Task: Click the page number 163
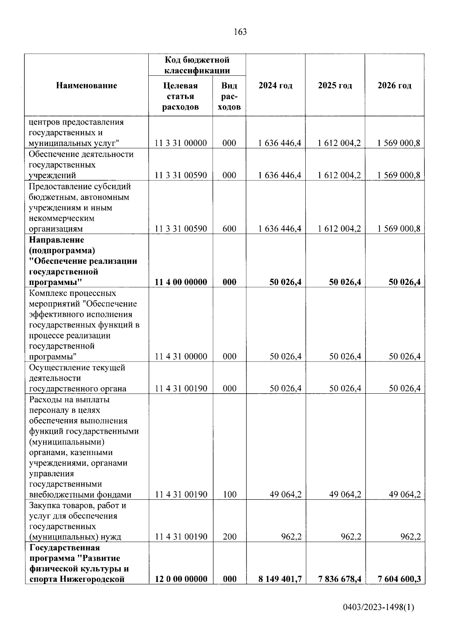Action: point(240,32)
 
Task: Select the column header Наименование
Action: point(87,86)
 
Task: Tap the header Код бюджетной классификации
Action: point(197,65)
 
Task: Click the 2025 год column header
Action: point(335,86)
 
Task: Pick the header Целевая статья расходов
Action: point(180,96)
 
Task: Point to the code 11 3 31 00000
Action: point(181,143)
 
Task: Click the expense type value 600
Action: point(229,229)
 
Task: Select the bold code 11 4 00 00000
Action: point(181,282)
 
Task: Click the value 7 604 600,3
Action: point(399,579)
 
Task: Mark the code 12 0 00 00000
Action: point(181,579)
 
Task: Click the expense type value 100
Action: point(229,494)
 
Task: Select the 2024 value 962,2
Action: point(291,537)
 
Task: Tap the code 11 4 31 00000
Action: point(181,357)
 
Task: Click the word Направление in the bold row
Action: point(56,240)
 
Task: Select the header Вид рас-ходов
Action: point(229,96)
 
